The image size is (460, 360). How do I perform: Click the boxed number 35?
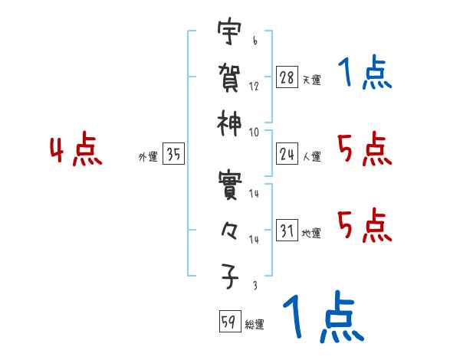[174, 155]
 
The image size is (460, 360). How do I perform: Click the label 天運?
[311, 80]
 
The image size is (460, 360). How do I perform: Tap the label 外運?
[147, 157]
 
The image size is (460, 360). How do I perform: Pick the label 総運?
[255, 325]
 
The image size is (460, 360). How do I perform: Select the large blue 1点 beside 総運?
[323, 317]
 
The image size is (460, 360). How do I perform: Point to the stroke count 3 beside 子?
[254, 286]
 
